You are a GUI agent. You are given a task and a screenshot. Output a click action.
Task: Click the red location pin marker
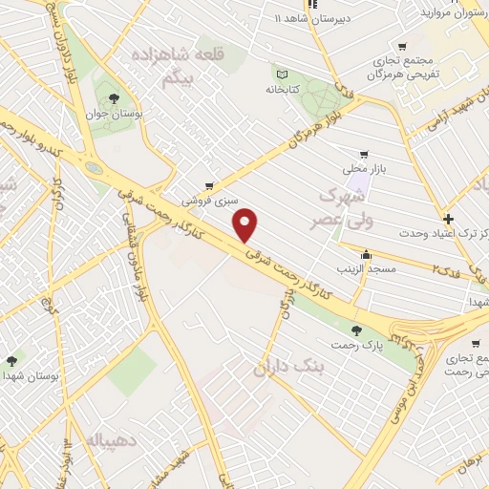point(246,224)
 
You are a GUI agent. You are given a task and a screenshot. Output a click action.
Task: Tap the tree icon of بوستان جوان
point(115,98)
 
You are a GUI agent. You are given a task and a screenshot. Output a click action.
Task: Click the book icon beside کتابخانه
point(281,74)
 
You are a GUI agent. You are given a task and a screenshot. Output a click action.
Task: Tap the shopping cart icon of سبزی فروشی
point(209,186)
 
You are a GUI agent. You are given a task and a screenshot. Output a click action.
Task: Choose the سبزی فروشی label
point(208,202)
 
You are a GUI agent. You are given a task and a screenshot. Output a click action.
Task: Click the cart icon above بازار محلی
point(363,155)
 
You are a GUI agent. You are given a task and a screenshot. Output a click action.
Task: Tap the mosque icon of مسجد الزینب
point(366,254)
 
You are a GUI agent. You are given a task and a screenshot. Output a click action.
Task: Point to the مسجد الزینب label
point(366,270)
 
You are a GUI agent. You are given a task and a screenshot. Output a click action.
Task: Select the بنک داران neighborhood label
point(290,365)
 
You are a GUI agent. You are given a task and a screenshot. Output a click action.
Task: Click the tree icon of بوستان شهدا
point(11,361)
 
